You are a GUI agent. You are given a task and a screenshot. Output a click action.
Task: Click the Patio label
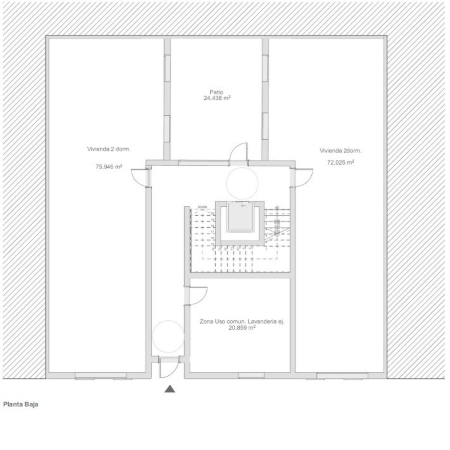pyautogui.click(x=216, y=92)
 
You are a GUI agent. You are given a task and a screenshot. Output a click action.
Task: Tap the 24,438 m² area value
pyautogui.click(x=216, y=98)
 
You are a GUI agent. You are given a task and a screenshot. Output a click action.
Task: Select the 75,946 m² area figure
pyautogui.click(x=109, y=167)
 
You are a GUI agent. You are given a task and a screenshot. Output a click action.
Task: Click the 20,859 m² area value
pyautogui.click(x=242, y=327)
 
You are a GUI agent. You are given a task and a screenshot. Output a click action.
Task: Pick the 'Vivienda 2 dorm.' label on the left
pyautogui.click(x=109, y=149)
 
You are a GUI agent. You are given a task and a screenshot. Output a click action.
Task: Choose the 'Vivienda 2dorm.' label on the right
pyautogui.click(x=340, y=151)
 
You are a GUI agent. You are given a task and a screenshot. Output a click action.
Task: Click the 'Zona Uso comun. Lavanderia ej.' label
pyautogui.click(x=242, y=321)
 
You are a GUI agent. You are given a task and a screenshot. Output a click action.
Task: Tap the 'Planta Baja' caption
pyautogui.click(x=21, y=405)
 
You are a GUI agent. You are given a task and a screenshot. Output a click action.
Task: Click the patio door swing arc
pyautogui.click(x=238, y=151)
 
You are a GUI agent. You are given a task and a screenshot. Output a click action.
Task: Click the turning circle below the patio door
pyautogui.click(x=242, y=183)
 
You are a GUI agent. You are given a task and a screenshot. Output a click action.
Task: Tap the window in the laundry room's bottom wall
pyautogui.click(x=251, y=375)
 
